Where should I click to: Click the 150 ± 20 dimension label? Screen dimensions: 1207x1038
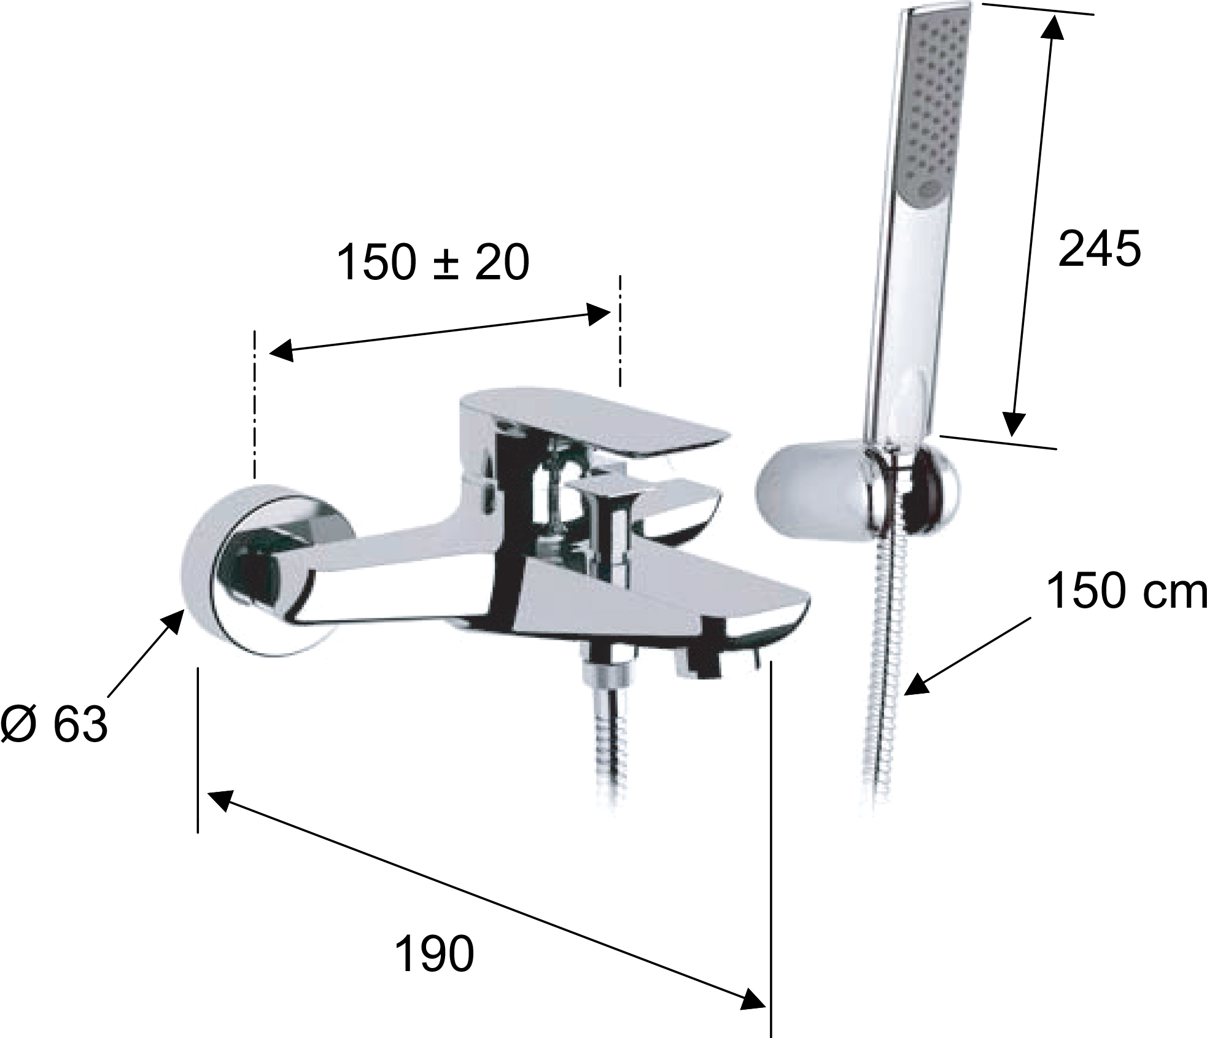coord(433,263)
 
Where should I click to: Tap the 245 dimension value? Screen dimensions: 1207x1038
coord(1100,249)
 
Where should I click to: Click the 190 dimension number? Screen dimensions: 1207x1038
coord(434,954)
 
